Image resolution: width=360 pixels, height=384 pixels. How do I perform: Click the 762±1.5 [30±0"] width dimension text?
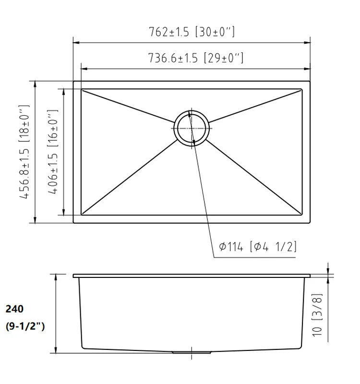point(192,32)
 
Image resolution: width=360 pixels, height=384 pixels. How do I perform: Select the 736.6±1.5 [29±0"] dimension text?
point(196,58)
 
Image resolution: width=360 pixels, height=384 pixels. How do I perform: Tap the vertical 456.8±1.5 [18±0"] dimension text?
point(24,152)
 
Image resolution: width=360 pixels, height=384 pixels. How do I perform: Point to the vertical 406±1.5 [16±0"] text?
point(53,152)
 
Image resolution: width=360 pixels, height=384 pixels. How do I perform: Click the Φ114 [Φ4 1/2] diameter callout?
point(258,246)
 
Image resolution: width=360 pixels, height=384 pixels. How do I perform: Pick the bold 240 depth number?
point(14,309)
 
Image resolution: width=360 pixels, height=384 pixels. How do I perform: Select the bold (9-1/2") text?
point(25,326)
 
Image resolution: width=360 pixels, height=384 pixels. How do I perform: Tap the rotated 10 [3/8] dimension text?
point(317,315)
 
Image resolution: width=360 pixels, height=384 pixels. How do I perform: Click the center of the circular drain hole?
point(192,128)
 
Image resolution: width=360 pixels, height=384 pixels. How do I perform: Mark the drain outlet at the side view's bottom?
point(192,352)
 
